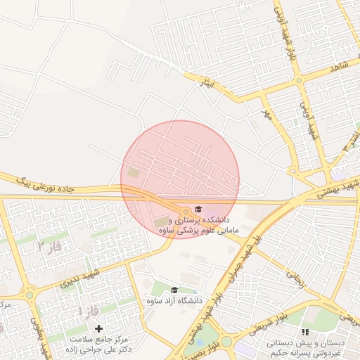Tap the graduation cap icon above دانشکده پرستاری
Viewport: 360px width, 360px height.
click(198, 210)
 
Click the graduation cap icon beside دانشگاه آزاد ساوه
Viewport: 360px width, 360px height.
click(174, 290)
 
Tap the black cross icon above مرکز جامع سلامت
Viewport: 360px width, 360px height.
click(98, 328)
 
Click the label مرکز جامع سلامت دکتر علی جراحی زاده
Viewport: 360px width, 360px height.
click(98, 344)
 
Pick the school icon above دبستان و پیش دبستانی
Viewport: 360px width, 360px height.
click(304, 332)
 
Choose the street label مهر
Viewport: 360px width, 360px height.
click(266, 112)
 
